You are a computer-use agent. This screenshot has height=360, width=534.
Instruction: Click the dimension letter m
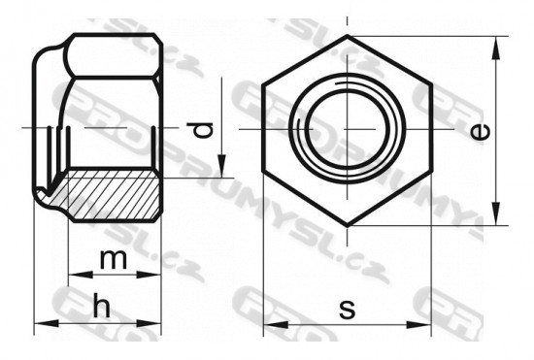pos(114,259)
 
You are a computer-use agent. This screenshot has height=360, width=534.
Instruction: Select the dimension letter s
pos(347,309)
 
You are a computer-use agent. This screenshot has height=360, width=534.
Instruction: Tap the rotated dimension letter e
pos(481,132)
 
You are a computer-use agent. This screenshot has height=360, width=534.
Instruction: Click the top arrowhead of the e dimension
pos(496,48)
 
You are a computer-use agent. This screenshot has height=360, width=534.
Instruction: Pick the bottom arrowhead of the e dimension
pos(496,213)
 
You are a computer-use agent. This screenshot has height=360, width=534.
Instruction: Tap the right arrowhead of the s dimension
pos(418,324)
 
